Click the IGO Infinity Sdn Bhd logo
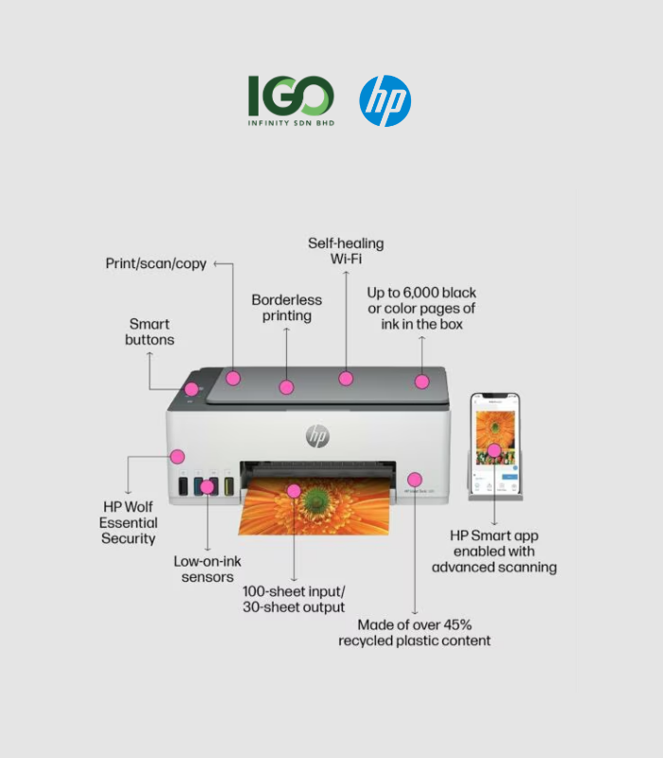tap(291, 100)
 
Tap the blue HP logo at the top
tap(385, 101)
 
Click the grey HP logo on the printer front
tap(317, 436)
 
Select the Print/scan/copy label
tap(155, 263)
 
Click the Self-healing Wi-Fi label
tap(346, 251)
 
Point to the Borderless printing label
tap(287, 307)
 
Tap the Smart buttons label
tap(150, 332)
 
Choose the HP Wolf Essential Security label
tap(129, 523)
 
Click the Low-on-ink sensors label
tap(207, 569)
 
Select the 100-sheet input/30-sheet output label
tap(294, 600)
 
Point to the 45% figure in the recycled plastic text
tap(457, 624)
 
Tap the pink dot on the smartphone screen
tap(493, 451)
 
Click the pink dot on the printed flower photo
tap(294, 491)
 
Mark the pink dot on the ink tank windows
tap(207, 487)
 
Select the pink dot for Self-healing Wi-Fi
tap(346, 378)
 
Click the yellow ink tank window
tap(229, 486)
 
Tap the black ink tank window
tap(183, 486)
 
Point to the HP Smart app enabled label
tap(493, 551)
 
